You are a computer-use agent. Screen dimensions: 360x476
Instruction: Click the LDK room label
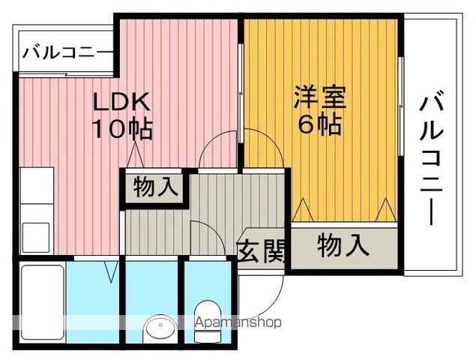click(122, 101)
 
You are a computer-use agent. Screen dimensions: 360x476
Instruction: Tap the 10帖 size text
click(122, 129)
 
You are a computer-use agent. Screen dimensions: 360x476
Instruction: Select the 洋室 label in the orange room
click(319, 98)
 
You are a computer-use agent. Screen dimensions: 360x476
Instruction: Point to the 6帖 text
click(320, 124)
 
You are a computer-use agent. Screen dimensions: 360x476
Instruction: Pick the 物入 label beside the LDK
click(155, 187)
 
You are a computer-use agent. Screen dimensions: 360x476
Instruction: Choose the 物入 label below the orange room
click(343, 245)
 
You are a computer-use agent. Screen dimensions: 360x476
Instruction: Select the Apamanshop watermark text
click(238, 323)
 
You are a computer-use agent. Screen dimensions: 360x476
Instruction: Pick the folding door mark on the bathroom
click(112, 271)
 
